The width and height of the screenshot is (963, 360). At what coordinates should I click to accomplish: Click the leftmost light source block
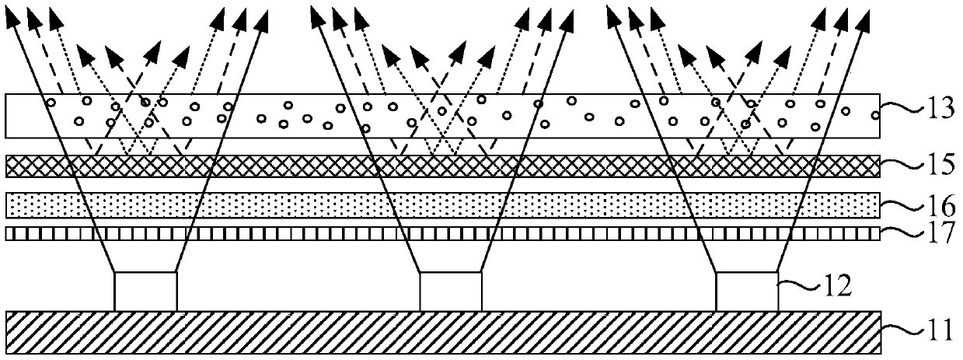click(146, 292)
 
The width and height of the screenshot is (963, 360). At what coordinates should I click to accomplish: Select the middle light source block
click(451, 292)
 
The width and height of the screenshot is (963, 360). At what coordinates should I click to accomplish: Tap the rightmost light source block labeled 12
click(746, 292)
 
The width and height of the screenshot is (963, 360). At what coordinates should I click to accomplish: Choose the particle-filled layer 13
click(311, 116)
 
